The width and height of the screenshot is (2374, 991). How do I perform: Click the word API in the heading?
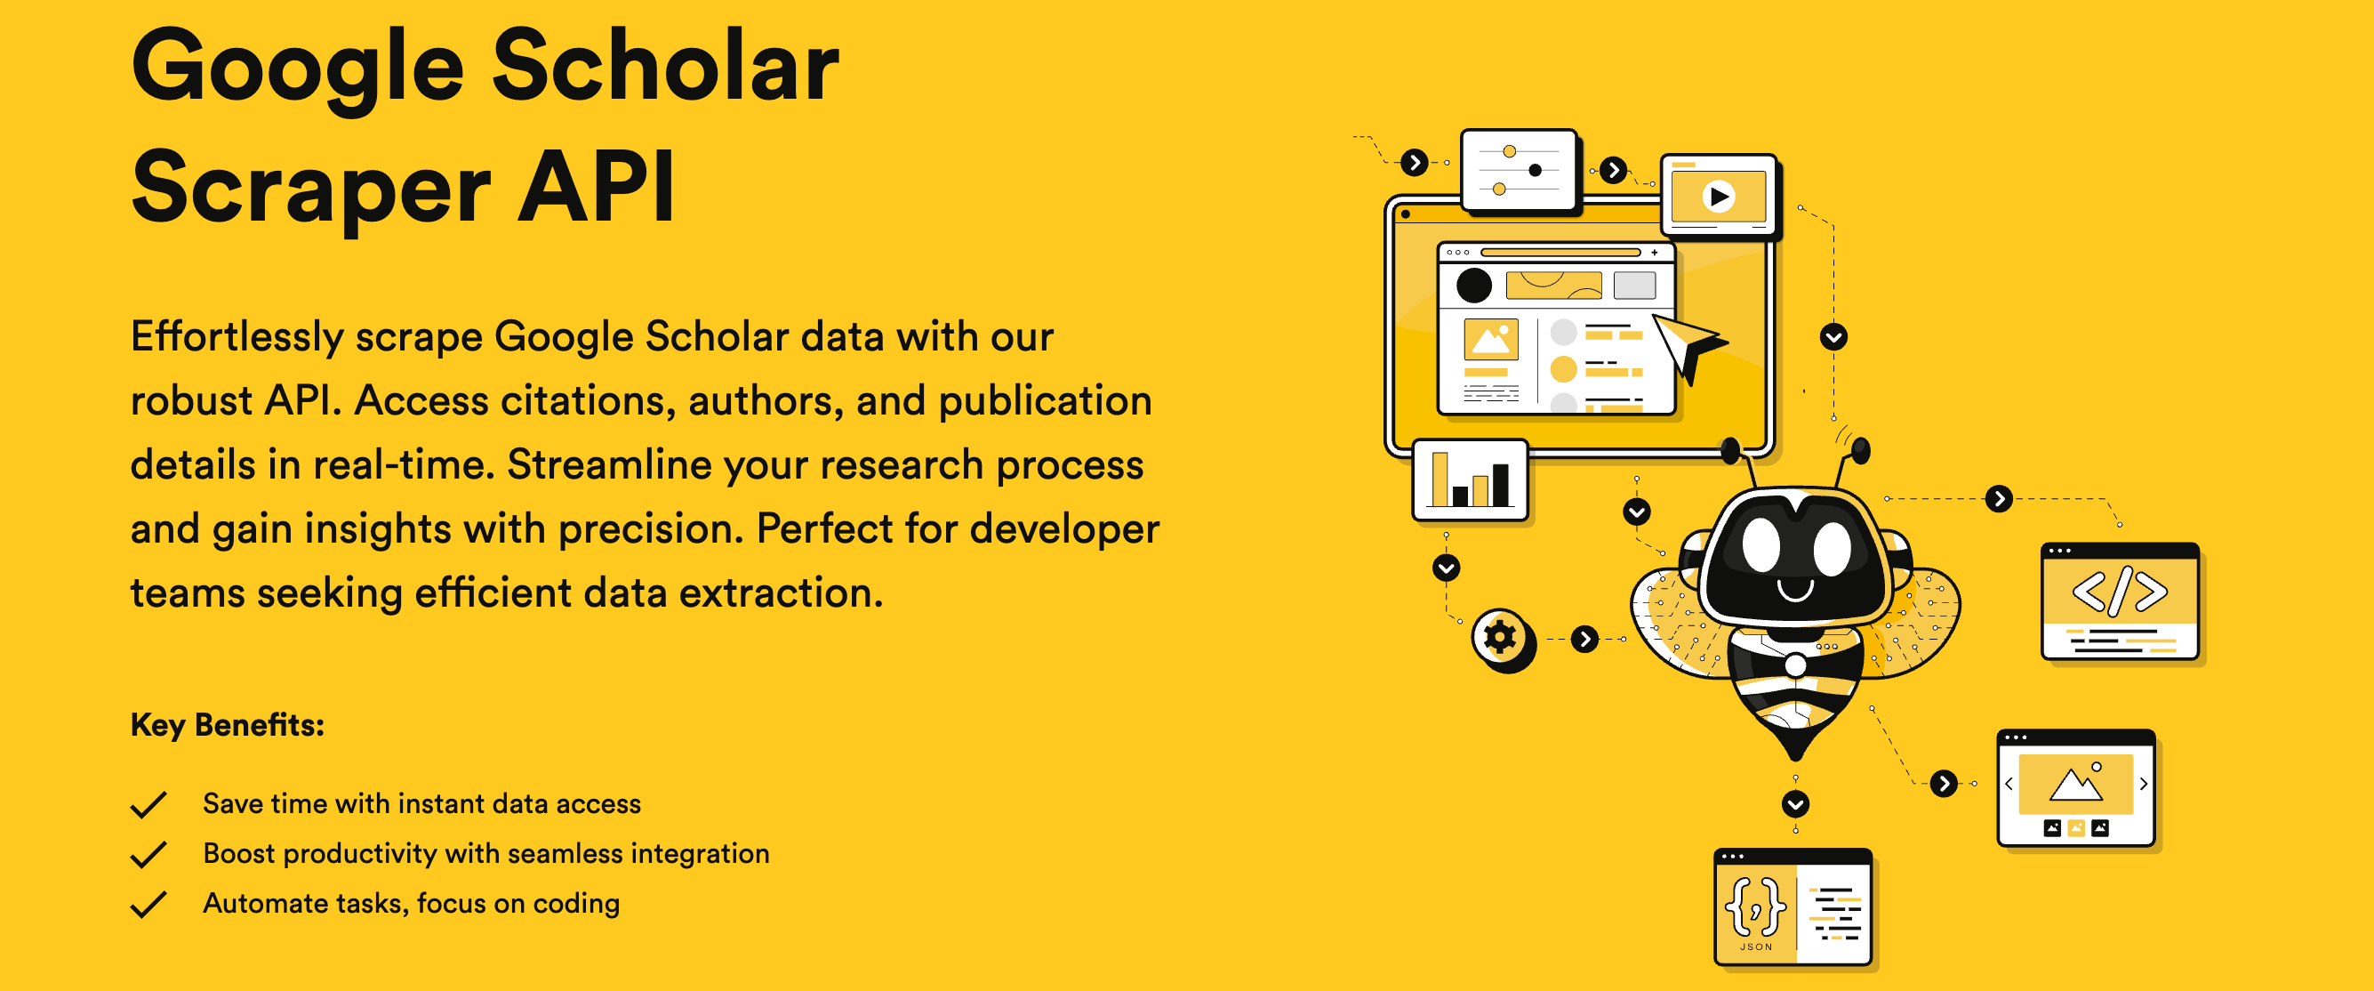coord(597,187)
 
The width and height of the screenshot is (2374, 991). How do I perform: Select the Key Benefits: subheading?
coord(227,725)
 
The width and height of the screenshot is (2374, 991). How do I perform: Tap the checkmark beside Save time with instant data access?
coord(148,805)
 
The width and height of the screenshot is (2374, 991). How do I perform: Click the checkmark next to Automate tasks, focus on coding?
coord(148,905)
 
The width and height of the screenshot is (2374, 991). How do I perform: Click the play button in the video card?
coord(1719,197)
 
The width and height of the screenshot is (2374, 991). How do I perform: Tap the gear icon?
coord(1501,637)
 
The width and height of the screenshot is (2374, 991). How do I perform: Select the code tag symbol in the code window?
coord(2120,591)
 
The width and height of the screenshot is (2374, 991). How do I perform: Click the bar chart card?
coord(1471,480)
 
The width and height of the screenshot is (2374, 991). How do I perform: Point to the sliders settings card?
coord(1520,171)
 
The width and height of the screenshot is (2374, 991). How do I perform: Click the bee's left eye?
coord(1760,545)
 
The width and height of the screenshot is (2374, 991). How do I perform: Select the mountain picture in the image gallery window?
coord(2075,784)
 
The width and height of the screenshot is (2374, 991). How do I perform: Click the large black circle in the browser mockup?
coord(1473,285)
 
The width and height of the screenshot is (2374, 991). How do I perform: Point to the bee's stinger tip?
coord(1796,758)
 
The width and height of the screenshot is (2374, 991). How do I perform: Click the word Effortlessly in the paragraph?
coord(237,337)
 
